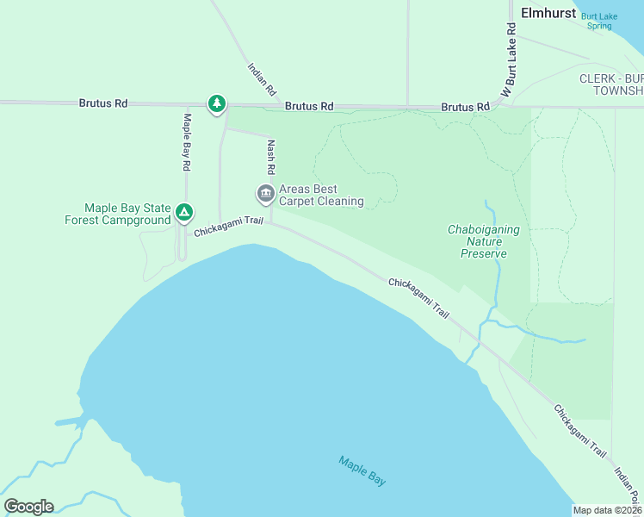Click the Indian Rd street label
tap(262, 78)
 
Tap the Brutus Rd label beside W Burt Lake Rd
tap(465, 107)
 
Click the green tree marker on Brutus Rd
tap(216, 104)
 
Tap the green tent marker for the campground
tap(183, 212)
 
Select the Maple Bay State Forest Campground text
tap(117, 214)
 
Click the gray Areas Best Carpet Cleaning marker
tap(265, 194)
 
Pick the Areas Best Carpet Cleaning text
tap(320, 196)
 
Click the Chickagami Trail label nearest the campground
tap(228, 227)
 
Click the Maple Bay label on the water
tap(362, 471)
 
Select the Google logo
tap(28, 507)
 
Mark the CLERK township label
tap(610, 84)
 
